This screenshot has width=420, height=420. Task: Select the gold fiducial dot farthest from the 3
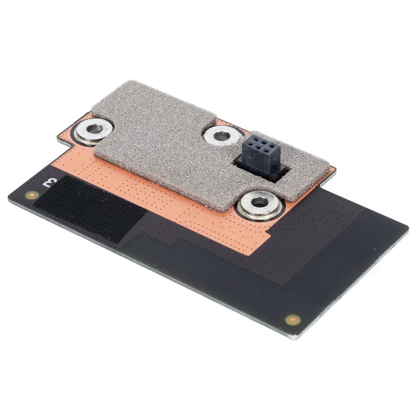point(293,320)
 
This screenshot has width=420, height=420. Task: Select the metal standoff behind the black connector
point(222,135)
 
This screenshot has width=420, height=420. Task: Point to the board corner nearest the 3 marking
point(9,196)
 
